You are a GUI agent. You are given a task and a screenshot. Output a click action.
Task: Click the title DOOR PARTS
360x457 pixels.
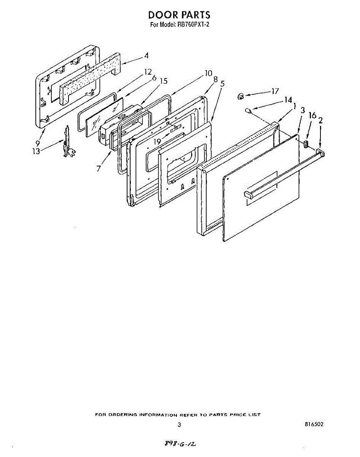pos(179,15)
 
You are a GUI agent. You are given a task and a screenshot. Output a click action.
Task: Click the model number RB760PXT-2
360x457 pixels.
pos(194,25)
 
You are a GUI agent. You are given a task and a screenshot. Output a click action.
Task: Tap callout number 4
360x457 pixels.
pos(146,56)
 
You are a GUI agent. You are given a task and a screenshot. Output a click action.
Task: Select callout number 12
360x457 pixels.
pos(148,72)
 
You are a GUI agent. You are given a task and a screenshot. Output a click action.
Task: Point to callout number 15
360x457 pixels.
pos(163,81)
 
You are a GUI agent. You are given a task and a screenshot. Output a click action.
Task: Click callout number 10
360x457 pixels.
pos(208,73)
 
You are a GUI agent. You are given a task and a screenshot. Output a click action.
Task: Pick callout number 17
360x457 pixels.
pos(275,91)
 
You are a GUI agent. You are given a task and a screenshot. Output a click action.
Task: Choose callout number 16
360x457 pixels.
pos(312,115)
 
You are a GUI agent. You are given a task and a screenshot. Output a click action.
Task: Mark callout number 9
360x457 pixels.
pos(38,143)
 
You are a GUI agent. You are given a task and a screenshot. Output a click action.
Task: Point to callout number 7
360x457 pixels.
pos(99,168)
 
